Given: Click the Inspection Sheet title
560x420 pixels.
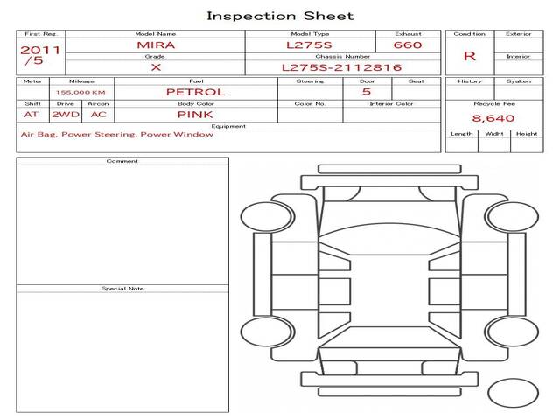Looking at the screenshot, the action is pyautogui.click(x=280, y=16).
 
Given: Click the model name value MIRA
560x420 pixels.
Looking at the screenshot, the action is pyautogui.click(x=156, y=45).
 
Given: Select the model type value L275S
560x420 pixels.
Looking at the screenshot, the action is pyautogui.click(x=309, y=45).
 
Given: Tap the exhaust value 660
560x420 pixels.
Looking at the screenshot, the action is pyautogui.click(x=408, y=45).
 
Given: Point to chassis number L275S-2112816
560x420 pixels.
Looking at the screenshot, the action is pyautogui.click(x=342, y=67).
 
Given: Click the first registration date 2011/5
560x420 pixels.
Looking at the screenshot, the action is pyautogui.click(x=40, y=55).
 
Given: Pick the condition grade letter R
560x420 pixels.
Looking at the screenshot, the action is pyautogui.click(x=470, y=56).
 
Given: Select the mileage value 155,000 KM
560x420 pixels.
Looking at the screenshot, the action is pyautogui.click(x=80, y=93).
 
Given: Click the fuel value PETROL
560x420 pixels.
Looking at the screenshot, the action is pyautogui.click(x=196, y=92).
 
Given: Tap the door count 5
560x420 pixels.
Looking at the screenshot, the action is pyautogui.click(x=367, y=92).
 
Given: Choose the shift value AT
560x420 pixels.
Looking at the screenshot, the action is pyautogui.click(x=31, y=115).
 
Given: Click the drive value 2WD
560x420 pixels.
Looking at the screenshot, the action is pyautogui.click(x=66, y=115).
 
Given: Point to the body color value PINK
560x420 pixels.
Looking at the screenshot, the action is pyautogui.click(x=195, y=115).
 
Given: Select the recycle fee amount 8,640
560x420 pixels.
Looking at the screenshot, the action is pyautogui.click(x=493, y=118).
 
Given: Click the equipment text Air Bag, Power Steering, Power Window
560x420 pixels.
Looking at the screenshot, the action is pyautogui.click(x=117, y=134).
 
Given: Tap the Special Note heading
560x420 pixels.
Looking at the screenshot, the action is pyautogui.click(x=122, y=289).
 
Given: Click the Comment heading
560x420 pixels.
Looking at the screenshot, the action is pyautogui.click(x=122, y=161).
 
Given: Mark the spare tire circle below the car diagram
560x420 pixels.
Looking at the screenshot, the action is pyautogui.click(x=513, y=393).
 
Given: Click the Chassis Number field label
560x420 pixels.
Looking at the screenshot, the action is pyautogui.click(x=343, y=56).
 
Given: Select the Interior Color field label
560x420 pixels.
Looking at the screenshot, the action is pyautogui.click(x=391, y=103).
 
